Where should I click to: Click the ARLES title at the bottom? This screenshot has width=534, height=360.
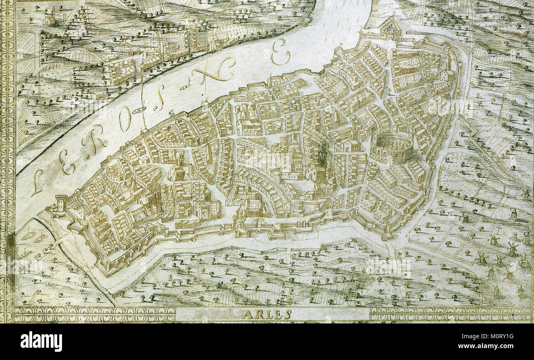point(267,315)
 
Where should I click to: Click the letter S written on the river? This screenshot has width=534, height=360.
point(159,98)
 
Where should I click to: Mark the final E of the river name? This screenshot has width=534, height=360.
point(281,52)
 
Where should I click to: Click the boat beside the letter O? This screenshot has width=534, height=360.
point(139,110)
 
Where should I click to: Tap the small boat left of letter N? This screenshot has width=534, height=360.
point(185,87)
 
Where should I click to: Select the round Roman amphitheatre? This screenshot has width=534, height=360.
point(392,148)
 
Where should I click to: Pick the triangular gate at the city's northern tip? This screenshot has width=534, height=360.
point(389,28)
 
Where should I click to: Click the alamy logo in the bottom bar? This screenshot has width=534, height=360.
point(41,342)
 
